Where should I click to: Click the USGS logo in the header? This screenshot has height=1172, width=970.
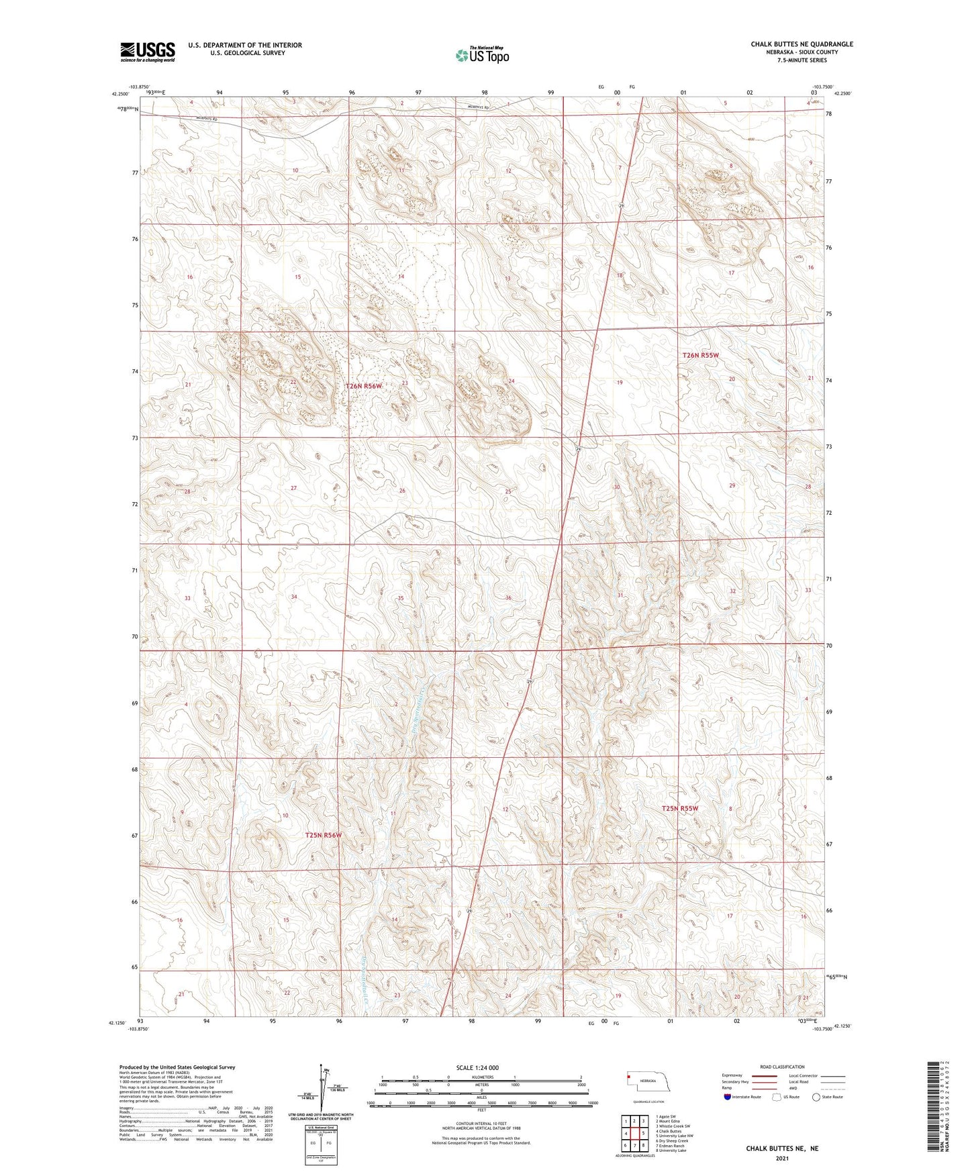point(147,51)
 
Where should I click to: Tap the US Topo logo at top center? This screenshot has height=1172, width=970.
point(482,55)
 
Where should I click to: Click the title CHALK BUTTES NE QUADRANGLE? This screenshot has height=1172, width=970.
point(802,44)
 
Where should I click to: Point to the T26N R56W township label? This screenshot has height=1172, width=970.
point(364,386)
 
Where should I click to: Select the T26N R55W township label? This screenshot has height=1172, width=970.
point(700,355)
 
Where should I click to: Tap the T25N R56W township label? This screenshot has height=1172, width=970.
point(324,835)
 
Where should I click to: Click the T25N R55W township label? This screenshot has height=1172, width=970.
point(680,809)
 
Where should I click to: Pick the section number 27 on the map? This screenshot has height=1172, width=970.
point(293,488)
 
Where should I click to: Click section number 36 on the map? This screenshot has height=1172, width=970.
point(508,597)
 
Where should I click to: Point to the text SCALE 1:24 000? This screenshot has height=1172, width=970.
point(477,1067)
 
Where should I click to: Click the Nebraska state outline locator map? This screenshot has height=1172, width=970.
point(650,1085)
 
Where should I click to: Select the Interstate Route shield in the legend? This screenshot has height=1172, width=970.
point(728,1097)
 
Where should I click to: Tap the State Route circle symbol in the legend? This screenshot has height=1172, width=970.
point(816,1097)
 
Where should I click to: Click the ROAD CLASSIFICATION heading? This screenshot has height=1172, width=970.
point(782,1067)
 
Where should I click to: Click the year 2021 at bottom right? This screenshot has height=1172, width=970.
point(781,1159)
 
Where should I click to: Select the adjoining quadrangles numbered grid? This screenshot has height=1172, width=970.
point(634,1134)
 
